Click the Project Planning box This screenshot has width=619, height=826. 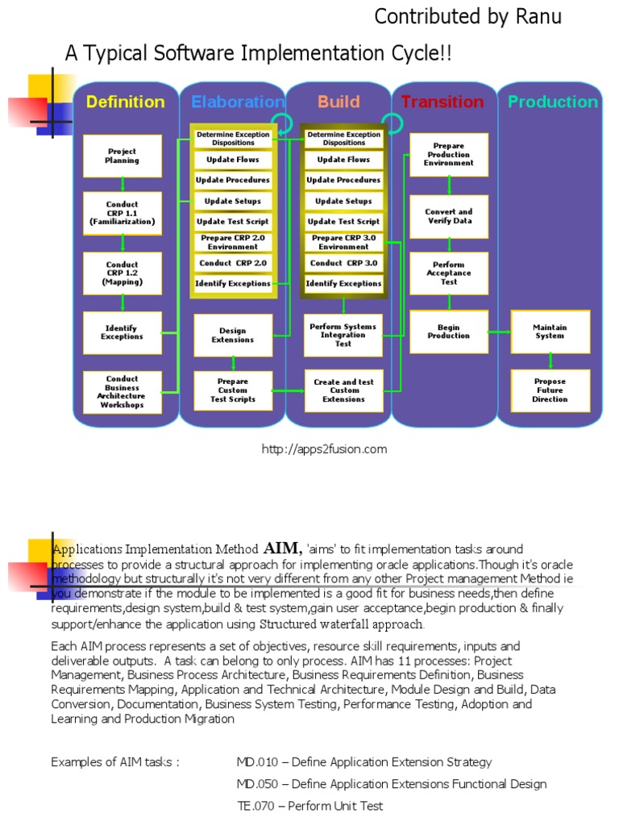tap(123, 156)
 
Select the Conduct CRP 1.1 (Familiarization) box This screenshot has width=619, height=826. tap(123, 213)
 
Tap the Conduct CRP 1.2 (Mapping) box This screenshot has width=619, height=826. tap(123, 273)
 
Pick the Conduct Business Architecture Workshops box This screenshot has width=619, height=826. tap(123, 392)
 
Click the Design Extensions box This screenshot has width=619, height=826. tap(233, 335)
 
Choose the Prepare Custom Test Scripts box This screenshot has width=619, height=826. tap(233, 390)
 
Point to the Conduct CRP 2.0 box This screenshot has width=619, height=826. tap(233, 263)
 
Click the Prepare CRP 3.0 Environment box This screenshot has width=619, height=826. tap(343, 242)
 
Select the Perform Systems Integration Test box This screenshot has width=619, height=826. tap(343, 335)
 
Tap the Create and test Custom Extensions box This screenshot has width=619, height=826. tap(343, 390)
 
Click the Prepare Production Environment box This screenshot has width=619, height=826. tap(449, 155)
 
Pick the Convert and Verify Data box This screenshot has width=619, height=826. tap(449, 216)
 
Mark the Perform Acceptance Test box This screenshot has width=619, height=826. tap(449, 273)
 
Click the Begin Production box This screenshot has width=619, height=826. tap(449, 332)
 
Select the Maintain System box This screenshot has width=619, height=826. tap(550, 332)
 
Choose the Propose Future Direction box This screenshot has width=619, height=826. tap(550, 390)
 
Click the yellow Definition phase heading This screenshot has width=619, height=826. tap(125, 102)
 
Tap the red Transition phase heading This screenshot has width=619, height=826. tap(442, 102)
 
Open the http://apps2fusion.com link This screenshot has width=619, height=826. tap(325, 449)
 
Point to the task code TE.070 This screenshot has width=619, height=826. tap(255, 806)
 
